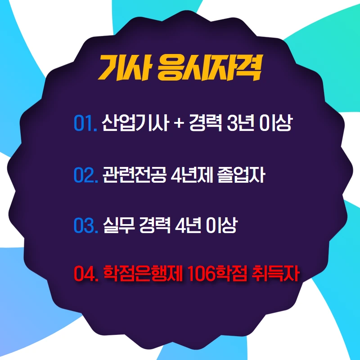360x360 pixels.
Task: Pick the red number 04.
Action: click(x=85, y=273)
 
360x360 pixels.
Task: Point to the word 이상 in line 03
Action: click(x=220, y=225)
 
